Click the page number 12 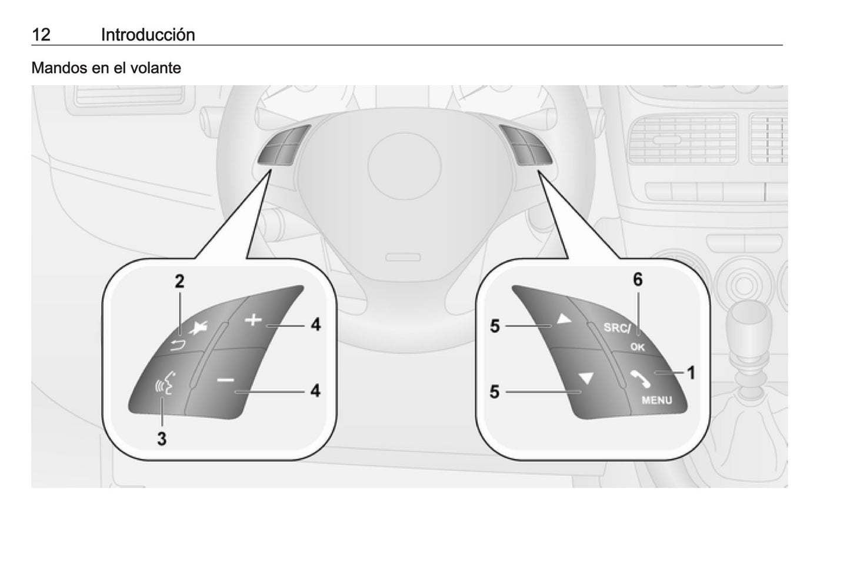(41, 35)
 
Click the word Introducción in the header (148, 35)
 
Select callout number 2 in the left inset (179, 282)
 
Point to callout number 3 (162, 438)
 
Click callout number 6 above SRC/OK (638, 280)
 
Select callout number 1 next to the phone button (691, 373)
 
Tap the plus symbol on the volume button (253, 320)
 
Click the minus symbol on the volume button (225, 381)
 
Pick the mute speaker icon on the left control (194, 329)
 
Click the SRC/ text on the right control (616, 328)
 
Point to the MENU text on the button (656, 400)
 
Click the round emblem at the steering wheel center (404, 165)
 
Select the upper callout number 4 (316, 324)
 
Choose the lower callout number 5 (495, 392)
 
